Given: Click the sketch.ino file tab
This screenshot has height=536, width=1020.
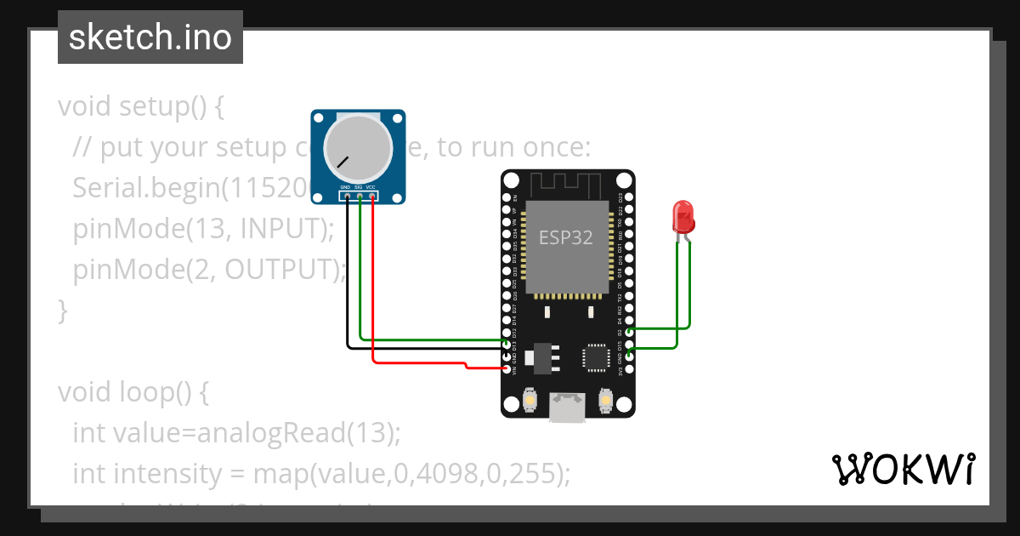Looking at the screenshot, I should (x=150, y=37).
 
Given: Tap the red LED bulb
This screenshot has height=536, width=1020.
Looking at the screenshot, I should (x=683, y=217).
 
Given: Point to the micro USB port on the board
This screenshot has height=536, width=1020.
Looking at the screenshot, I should (x=567, y=408).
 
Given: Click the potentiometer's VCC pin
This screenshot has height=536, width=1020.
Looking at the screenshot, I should (x=372, y=197).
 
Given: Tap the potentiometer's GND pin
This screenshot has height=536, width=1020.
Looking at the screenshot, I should (x=346, y=197).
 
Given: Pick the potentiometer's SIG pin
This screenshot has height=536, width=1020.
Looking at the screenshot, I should (x=360, y=197).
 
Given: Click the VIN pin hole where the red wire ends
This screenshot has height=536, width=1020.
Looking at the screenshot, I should (x=507, y=369).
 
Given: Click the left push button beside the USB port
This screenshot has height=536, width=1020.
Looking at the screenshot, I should (x=530, y=399).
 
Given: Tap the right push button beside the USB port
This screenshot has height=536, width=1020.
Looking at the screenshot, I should (x=605, y=399).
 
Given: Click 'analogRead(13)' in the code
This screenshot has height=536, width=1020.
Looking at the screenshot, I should (x=297, y=433).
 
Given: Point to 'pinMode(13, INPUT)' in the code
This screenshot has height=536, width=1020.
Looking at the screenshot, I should (x=198, y=229).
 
